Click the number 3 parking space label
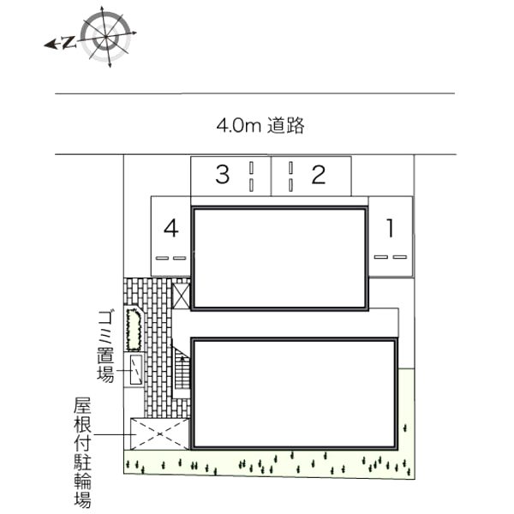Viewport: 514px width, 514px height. pyautogui.click(x=222, y=175)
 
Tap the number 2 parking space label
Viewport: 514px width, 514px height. pyautogui.click(x=319, y=175)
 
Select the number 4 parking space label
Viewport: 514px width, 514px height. pyautogui.click(x=171, y=228)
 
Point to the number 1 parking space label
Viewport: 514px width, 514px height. pyautogui.click(x=390, y=228)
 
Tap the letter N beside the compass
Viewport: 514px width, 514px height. pyautogui.click(x=69, y=42)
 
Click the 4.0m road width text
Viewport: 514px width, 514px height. pyautogui.click(x=238, y=125)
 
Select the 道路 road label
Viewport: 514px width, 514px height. pyautogui.click(x=286, y=125)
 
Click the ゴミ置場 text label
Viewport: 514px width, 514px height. pyautogui.click(x=105, y=346)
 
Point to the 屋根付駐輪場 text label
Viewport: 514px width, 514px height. pyautogui.click(x=82, y=452)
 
